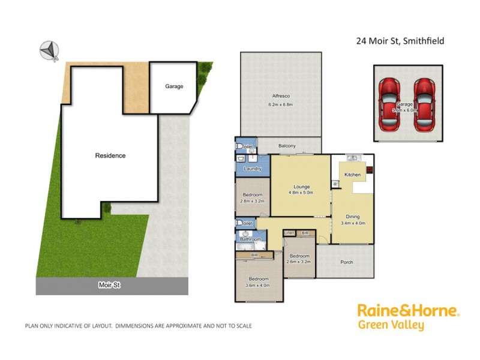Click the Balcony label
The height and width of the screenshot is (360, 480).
click(x=287, y=146)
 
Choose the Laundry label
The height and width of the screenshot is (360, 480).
click(x=253, y=169)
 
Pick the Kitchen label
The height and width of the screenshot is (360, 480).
click(x=352, y=175)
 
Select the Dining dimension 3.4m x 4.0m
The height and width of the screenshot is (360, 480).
click(x=353, y=223)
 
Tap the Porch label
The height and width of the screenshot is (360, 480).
click(x=347, y=262)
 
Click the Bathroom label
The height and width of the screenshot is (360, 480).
click(x=251, y=239)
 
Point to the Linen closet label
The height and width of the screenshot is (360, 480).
click(x=289, y=232)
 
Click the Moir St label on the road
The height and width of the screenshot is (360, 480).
click(x=110, y=286)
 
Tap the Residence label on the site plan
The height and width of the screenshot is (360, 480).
click(x=110, y=156)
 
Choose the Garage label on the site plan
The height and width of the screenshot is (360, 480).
click(x=174, y=86)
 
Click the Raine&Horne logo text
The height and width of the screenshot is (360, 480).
click(x=408, y=311)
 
